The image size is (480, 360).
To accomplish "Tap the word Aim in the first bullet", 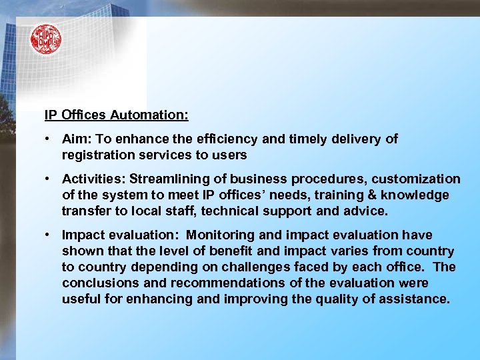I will coord(73,139).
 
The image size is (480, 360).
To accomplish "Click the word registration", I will coord(95,155).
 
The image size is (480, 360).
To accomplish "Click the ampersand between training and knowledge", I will coord(359,195).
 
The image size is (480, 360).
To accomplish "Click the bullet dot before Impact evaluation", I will coord(48,235).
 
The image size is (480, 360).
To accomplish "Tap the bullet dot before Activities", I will coord(48,179).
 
